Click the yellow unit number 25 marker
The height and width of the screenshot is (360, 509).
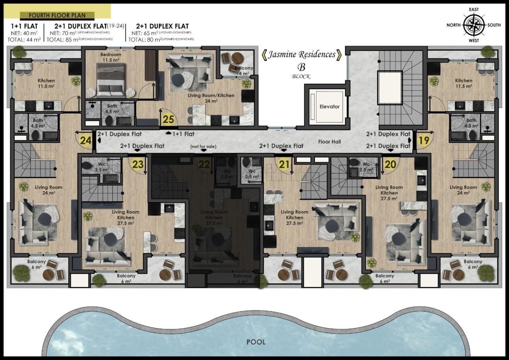169,119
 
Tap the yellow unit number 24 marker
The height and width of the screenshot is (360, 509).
85,140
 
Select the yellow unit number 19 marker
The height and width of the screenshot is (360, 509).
424,140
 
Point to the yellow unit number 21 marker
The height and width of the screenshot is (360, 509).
284,165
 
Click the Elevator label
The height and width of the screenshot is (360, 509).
330,107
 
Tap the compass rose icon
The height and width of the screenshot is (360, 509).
474,25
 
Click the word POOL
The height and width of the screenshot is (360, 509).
256,342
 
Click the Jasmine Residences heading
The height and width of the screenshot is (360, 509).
301,54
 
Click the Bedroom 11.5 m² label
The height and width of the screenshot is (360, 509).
111,57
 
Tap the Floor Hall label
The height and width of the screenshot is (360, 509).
330,141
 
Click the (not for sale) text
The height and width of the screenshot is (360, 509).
203,146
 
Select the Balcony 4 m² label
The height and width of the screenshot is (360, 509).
241,71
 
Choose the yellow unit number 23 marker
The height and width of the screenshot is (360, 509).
138,164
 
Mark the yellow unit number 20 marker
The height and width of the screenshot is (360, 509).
390,165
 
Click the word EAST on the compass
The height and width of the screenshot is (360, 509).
474,9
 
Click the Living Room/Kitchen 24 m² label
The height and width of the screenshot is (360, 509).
211,98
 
